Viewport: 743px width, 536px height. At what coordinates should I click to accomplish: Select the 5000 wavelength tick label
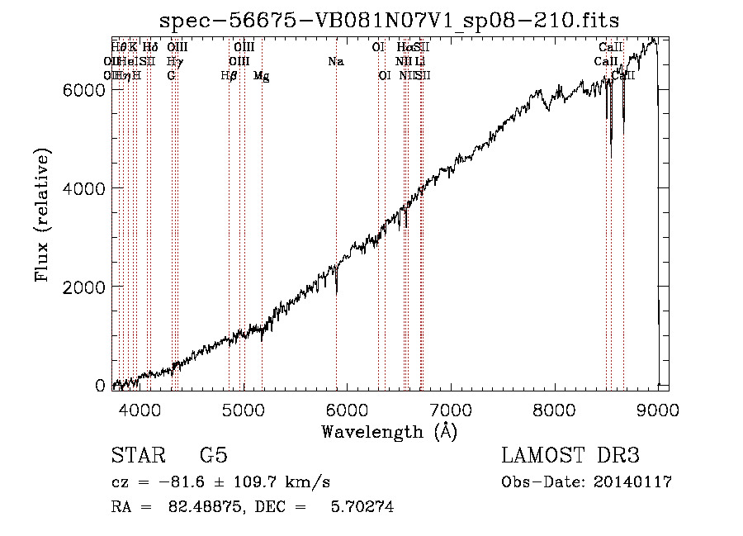point(243,409)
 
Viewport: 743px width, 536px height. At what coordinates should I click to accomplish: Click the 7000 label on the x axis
point(451,409)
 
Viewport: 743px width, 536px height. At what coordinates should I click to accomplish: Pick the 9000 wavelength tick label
point(658,409)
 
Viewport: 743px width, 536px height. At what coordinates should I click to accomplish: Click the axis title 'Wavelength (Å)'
point(389,430)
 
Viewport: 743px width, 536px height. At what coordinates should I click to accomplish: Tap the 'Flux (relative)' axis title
point(42,216)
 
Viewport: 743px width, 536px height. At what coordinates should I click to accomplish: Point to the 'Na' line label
point(335,61)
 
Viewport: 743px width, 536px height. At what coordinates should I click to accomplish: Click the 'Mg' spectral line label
point(261,76)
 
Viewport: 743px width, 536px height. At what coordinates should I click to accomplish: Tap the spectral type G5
point(213,456)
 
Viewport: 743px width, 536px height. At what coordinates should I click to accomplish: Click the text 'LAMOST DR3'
point(570,456)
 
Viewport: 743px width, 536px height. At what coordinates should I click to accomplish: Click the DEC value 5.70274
point(360,507)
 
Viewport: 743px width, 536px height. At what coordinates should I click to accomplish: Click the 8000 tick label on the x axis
point(554,409)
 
